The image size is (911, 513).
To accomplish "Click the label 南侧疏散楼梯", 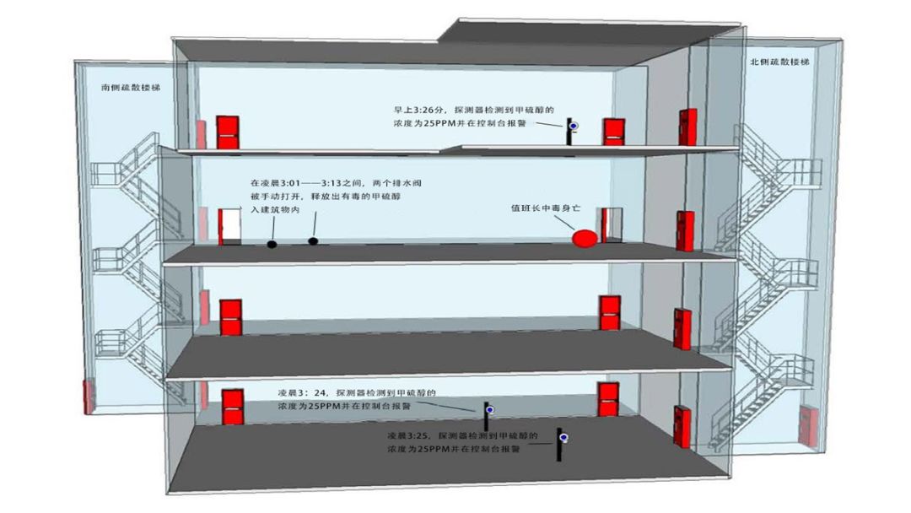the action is click(131, 87).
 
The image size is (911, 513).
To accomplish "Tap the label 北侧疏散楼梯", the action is click(779, 62).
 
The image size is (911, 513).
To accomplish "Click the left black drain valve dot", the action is click(272, 245).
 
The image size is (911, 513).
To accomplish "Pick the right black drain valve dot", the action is click(313, 241).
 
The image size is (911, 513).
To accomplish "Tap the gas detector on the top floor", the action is click(572, 129).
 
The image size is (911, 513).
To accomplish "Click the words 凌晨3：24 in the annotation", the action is click(303, 393).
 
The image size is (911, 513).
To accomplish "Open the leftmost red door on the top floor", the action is click(226, 132).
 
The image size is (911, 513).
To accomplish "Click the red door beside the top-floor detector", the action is click(613, 132).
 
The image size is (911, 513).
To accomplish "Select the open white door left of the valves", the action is click(229, 227).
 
